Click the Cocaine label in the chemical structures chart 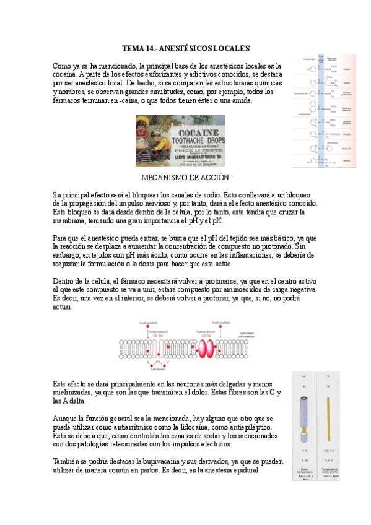[347, 82]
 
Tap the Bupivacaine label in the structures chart [347, 148]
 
